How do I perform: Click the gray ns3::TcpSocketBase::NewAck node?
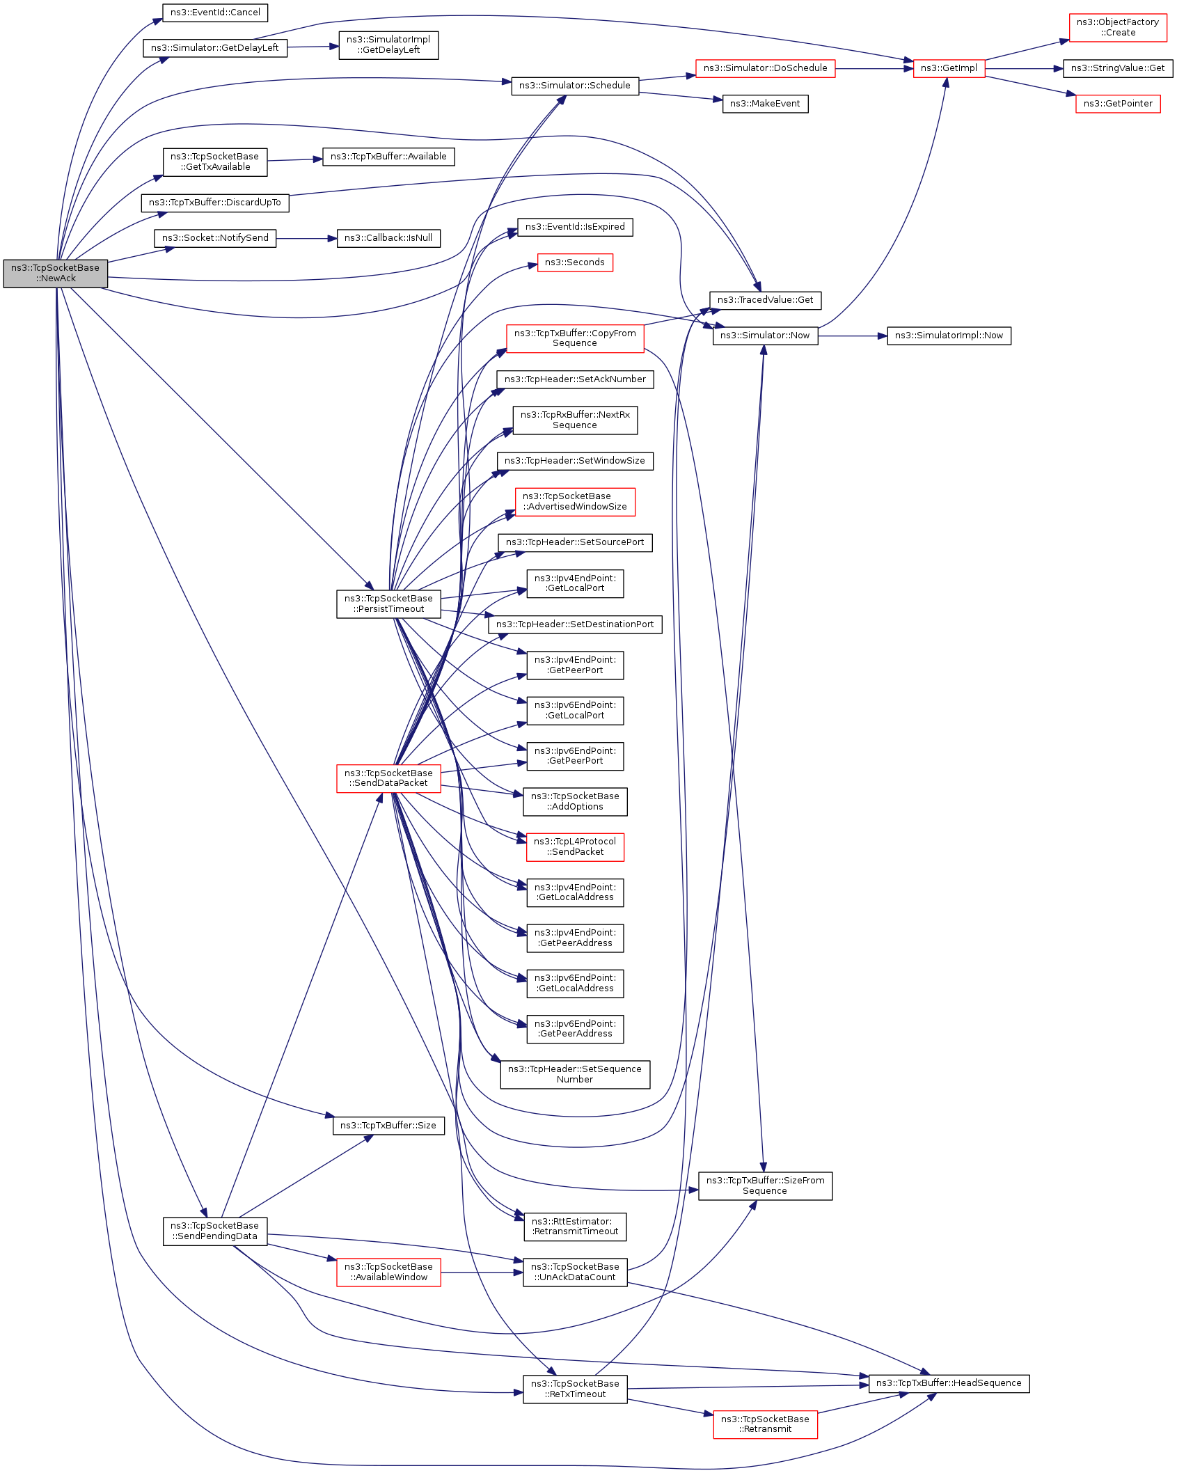coord(55,273)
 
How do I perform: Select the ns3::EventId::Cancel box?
coord(215,13)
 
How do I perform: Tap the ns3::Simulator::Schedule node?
coord(575,86)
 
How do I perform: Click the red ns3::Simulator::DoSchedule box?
coord(765,68)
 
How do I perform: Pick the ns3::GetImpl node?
coord(949,68)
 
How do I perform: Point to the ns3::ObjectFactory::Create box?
coord(1118,27)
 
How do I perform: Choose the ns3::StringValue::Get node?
coord(1118,68)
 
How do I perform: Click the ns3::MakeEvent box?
coord(765,104)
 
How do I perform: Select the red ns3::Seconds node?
coord(575,262)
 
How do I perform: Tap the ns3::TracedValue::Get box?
coord(765,300)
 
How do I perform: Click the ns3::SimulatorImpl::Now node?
coord(949,336)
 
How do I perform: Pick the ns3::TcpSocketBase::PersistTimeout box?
coord(388,604)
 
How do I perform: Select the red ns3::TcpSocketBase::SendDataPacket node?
coord(388,778)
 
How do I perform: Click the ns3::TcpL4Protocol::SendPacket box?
coord(575,846)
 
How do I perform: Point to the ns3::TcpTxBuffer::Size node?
coord(388,1126)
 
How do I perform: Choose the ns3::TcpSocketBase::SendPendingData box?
coord(215,1231)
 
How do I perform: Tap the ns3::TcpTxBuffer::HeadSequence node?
coord(949,1383)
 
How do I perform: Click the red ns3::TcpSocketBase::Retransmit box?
coord(765,1424)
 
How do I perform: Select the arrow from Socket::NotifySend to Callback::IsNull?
coord(306,238)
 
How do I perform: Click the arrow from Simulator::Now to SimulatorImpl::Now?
coord(852,336)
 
